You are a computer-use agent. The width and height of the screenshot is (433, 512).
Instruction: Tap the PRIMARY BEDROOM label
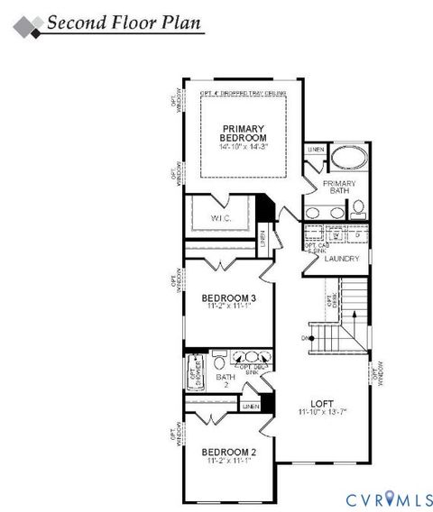pyautogui.click(x=244, y=133)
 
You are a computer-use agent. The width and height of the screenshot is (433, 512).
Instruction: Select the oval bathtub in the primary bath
pyautogui.click(x=347, y=160)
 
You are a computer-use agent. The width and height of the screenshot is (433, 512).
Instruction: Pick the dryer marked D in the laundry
pyautogui.click(x=357, y=235)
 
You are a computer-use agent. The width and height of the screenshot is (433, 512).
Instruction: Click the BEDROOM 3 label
pyautogui.click(x=228, y=298)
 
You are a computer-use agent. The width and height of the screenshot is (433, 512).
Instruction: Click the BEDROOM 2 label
pyautogui.click(x=228, y=452)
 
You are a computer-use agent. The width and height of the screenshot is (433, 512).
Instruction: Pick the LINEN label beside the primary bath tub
pyautogui.click(x=315, y=150)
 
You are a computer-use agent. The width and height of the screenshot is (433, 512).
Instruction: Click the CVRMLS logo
pyautogui.click(x=380, y=496)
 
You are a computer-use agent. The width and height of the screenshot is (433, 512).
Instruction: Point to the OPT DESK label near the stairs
pyautogui.click(x=330, y=303)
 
